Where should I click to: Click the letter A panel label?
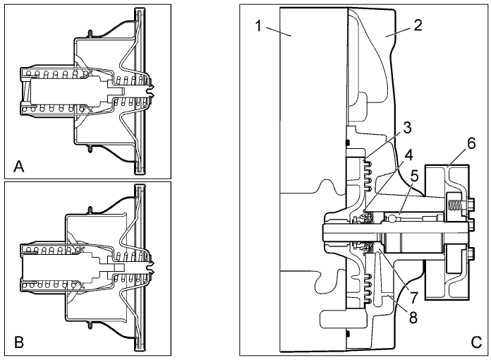pyautogui.click(x=19, y=167)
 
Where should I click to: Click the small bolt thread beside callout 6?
pyautogui.click(x=456, y=205)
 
